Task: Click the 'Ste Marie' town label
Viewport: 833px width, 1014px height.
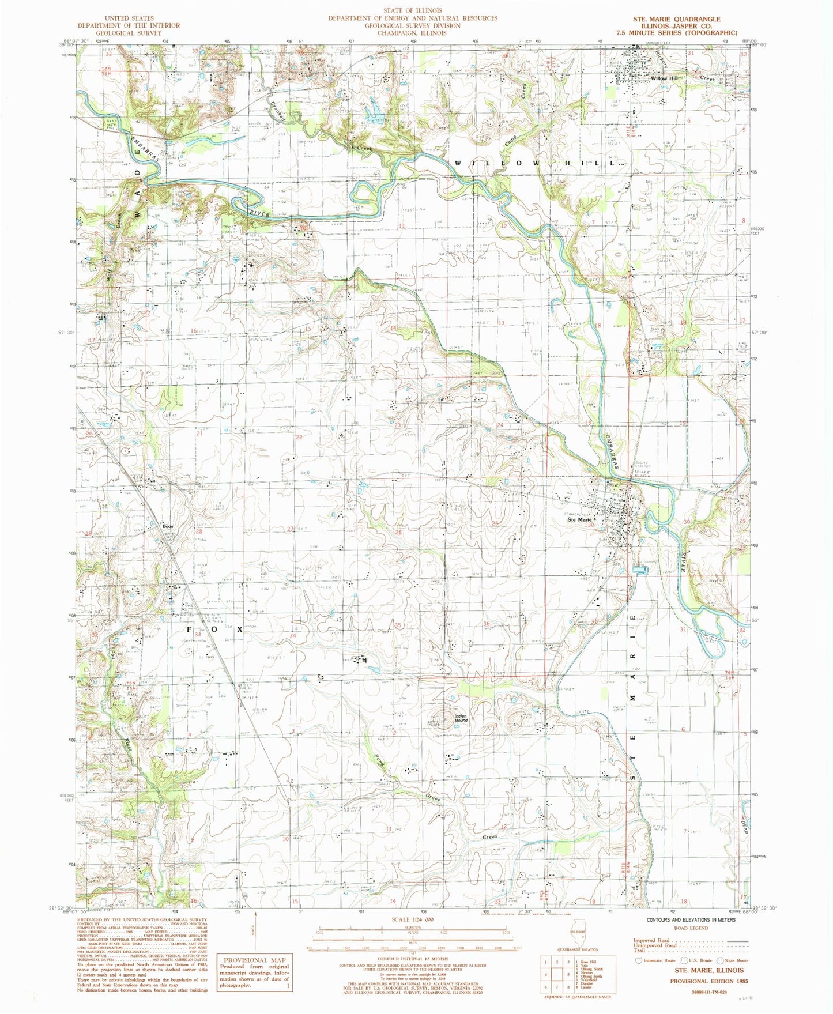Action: pyautogui.click(x=580, y=519)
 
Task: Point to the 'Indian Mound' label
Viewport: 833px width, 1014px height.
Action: pyautogui.click(x=461, y=719)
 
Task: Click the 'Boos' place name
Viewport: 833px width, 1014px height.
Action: pyautogui.click(x=168, y=526)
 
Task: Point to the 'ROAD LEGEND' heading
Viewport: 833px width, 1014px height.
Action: pyautogui.click(x=685, y=928)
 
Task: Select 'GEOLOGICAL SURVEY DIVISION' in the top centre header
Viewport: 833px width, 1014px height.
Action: pyautogui.click(x=412, y=25)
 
